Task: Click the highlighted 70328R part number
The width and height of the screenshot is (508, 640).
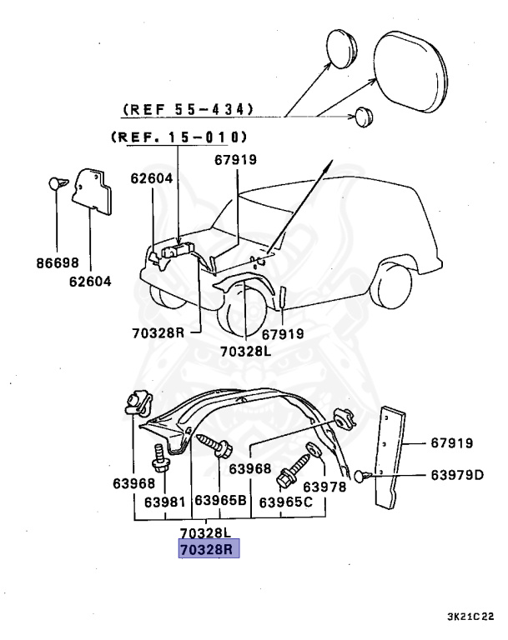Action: point(209,550)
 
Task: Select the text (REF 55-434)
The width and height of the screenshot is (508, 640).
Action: point(189,110)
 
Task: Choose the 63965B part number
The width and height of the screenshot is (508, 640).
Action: point(220,502)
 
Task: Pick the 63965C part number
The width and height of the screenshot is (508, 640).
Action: point(286,502)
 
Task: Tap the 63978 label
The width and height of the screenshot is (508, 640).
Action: point(324,486)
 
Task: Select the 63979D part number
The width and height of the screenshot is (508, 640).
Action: point(457,475)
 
